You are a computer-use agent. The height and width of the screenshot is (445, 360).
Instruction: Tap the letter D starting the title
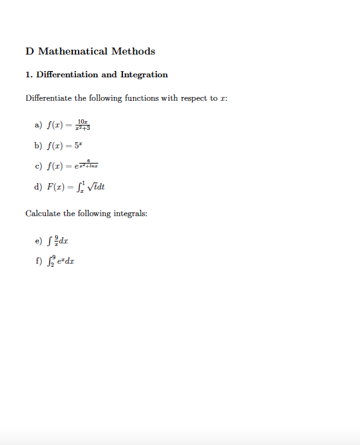[x=29, y=51]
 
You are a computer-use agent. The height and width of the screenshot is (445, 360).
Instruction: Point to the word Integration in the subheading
[x=144, y=75]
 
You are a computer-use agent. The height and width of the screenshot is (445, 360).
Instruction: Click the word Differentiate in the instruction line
[x=48, y=98]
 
